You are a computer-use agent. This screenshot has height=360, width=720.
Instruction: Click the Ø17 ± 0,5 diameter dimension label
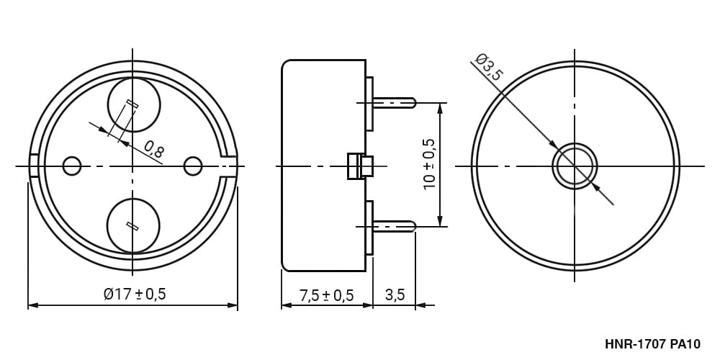[135, 294]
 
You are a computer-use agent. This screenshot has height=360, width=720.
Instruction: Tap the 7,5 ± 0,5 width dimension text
[326, 295]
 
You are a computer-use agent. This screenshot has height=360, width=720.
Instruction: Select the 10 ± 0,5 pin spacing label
[429, 164]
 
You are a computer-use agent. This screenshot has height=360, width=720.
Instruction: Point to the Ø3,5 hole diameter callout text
[490, 67]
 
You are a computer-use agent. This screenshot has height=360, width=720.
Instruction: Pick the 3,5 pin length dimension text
[395, 294]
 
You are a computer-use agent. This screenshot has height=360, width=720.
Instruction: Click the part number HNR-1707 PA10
[652, 344]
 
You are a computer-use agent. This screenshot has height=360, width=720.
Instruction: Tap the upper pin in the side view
[394, 102]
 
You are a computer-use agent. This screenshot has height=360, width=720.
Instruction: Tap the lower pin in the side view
[394, 226]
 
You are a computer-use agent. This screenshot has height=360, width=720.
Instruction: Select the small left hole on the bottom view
[71, 166]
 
